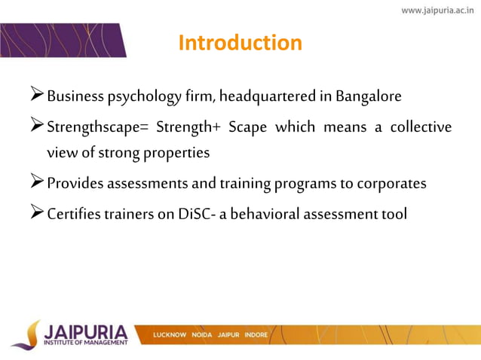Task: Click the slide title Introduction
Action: pyautogui.click(x=240, y=43)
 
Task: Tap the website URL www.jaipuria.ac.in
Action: pyautogui.click(x=437, y=10)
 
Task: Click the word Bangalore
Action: pyautogui.click(x=369, y=97)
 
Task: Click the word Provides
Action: pyautogui.click(x=75, y=184)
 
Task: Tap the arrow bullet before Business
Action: pyautogui.click(x=35, y=97)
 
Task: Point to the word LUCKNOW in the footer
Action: pyautogui.click(x=170, y=334)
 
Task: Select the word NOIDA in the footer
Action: pyautogui.click(x=203, y=334)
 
